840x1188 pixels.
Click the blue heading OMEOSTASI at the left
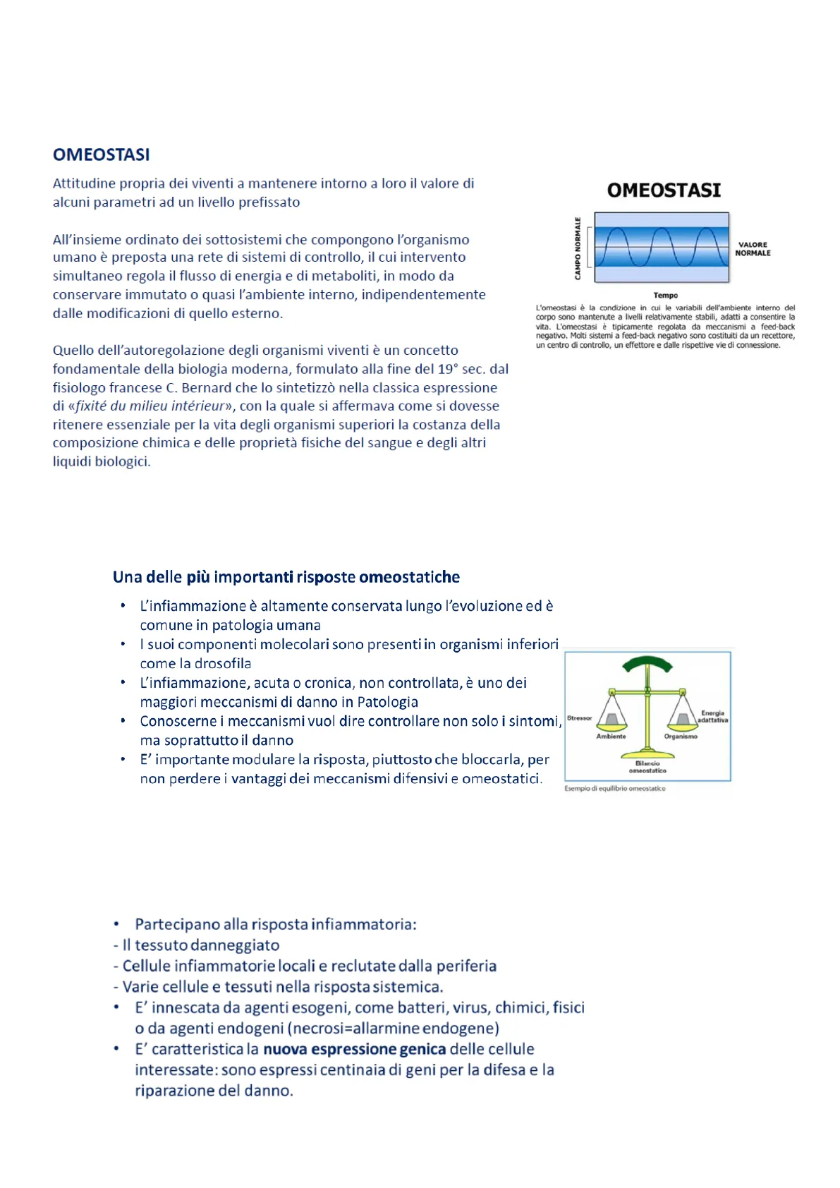click(102, 154)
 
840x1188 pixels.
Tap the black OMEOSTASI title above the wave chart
click(664, 190)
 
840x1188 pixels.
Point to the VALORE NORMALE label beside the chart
click(753, 249)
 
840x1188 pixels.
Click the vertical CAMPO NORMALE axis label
click(578, 248)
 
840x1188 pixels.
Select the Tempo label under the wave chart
click(665, 296)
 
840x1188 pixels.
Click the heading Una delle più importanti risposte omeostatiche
click(286, 577)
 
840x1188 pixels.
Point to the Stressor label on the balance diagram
click(580, 718)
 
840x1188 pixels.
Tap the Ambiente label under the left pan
click(611, 737)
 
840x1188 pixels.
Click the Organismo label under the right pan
click(681, 737)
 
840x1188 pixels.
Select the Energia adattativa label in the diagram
click(712, 717)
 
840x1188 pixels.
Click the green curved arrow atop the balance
click(647, 664)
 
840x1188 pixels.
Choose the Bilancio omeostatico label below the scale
click(647, 767)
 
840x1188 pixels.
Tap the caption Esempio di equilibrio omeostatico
click(615, 789)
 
